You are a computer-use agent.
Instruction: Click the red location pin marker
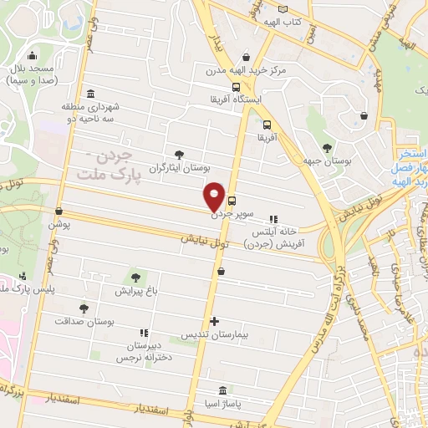pos(214,197)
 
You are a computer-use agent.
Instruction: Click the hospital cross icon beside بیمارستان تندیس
pos(215,321)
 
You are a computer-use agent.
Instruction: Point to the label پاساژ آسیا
pos(222,405)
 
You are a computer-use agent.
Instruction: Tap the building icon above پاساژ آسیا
pos(222,391)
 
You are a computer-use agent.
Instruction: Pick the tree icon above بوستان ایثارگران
pos(179,153)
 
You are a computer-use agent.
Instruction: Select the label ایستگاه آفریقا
pos(238,99)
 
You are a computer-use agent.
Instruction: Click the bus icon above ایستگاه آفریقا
pos(237,86)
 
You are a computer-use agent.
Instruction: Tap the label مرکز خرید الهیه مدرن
pos(247,70)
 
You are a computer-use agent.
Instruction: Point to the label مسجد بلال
pos(31,69)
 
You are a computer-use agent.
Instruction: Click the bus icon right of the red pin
pos(232,201)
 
